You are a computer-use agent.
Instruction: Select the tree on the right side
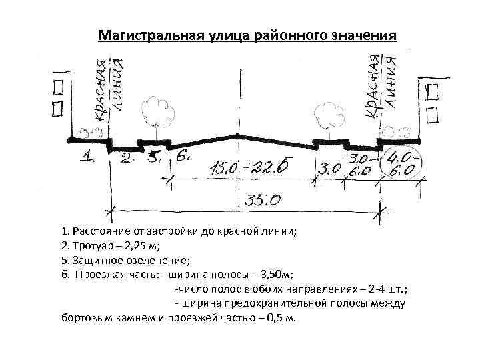(326, 113)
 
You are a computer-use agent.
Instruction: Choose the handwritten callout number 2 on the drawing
(126, 159)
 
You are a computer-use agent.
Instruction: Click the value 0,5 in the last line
(274, 317)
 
